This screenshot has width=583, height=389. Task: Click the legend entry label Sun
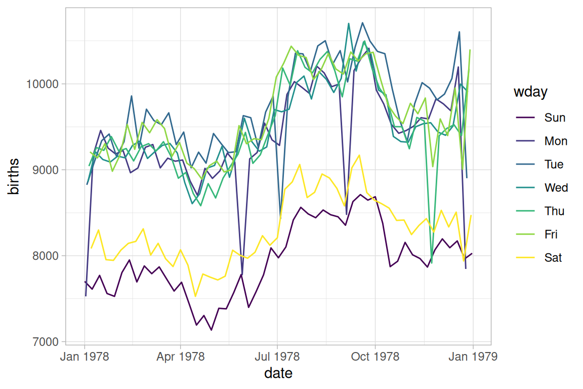pos(555,118)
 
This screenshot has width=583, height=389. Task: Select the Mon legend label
pos(556,141)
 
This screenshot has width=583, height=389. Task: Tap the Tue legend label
pos(554,165)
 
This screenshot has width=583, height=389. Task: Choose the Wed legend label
pos(556,188)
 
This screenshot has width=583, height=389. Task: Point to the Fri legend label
pos(552,235)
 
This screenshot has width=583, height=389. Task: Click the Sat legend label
pos(553,258)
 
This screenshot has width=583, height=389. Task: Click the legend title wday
pos(530,93)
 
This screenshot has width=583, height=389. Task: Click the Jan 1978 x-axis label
pos(84,357)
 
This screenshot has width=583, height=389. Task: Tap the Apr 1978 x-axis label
pos(181,357)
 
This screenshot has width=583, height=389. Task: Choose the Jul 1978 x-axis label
pos(277,357)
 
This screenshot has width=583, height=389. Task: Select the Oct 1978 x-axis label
pos(375,357)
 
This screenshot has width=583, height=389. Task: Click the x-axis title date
pos(278,374)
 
